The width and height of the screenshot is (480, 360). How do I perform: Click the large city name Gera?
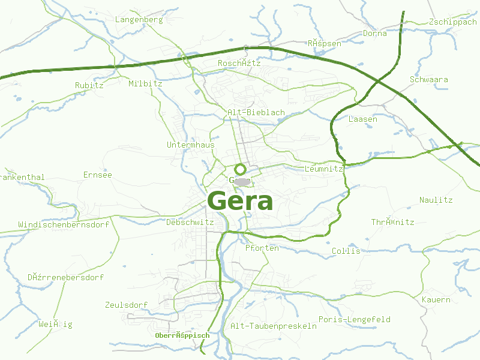240,201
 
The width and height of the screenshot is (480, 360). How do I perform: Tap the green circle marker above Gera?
240,169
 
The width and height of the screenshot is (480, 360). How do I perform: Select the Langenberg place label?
139,20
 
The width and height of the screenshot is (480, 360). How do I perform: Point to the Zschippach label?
453,22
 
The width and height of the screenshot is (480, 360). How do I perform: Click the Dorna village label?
375,34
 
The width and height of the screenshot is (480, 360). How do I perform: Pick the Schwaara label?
428,79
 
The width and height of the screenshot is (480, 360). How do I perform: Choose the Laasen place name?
363,119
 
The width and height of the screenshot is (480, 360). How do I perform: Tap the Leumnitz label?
323,169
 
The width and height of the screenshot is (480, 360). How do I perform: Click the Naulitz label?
436,200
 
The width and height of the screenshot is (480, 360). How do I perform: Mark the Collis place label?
346,251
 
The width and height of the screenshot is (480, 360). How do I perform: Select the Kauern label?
436,299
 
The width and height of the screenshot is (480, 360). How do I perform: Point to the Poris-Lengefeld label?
355,319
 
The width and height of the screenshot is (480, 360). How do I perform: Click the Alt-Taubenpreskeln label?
274,326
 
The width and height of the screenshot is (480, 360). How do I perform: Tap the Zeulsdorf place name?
126,305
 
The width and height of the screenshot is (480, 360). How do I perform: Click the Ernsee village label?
98,175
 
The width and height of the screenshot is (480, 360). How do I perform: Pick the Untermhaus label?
190,145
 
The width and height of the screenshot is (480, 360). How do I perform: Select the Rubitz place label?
89,85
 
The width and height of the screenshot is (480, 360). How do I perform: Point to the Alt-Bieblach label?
256,112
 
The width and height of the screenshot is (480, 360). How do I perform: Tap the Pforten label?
262,248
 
